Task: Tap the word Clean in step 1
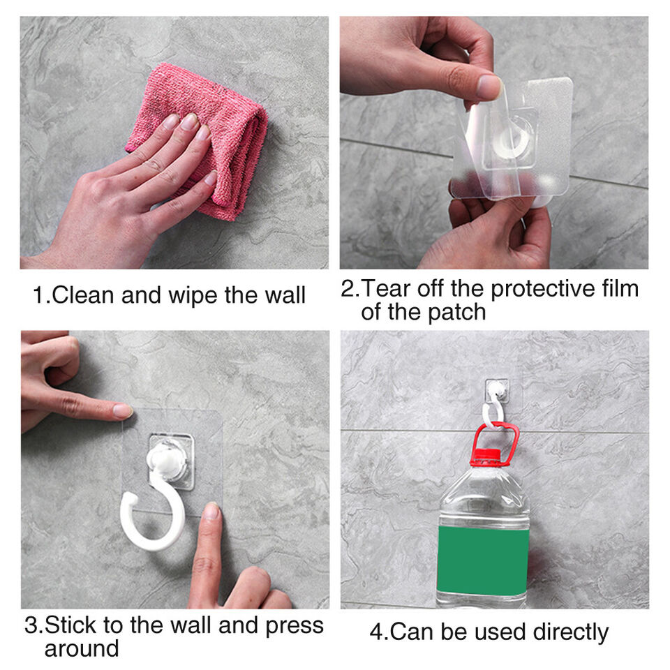coord(83,295)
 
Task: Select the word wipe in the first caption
coord(193,296)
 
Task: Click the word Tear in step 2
coord(387,288)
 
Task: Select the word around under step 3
coord(82,648)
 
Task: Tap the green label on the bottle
coord(483,560)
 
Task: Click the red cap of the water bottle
coord(485,456)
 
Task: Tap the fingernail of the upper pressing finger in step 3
coord(123,410)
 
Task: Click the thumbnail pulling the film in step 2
coord(489,86)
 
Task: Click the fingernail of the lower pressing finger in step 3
coord(211,511)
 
